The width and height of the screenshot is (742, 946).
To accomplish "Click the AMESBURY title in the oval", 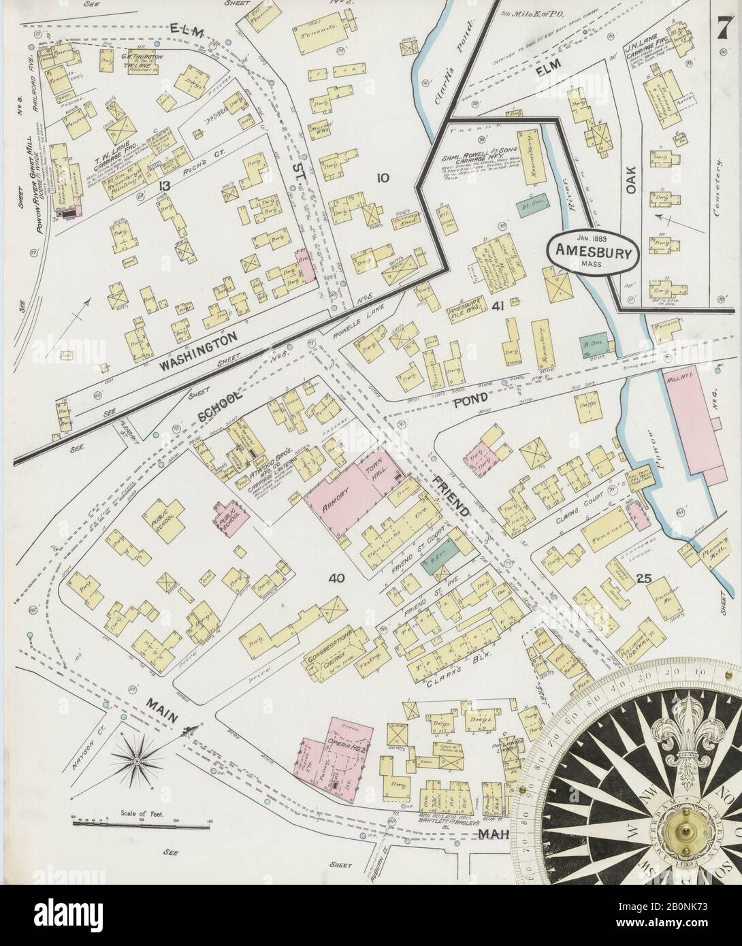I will pos(594,250).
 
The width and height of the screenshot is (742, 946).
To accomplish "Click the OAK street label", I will pos(630,179).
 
